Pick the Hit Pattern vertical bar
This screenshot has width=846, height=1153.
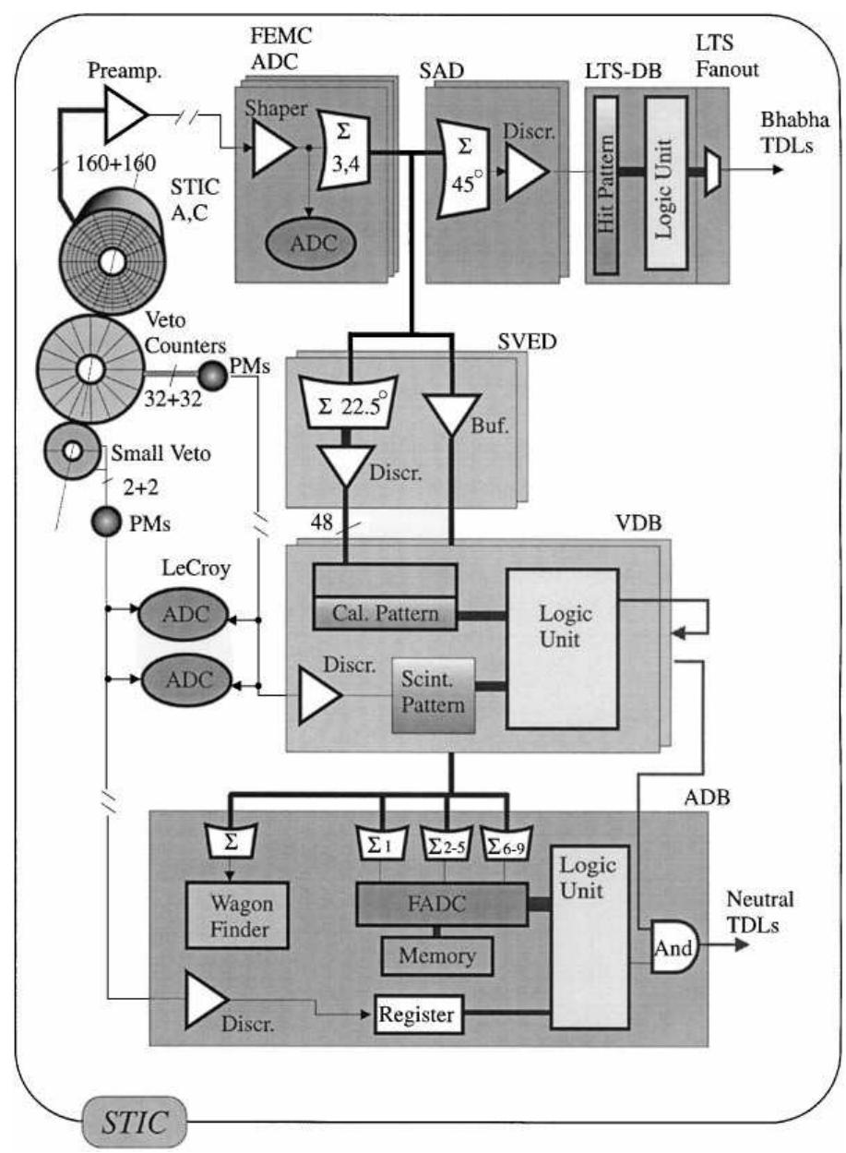[607, 178]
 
